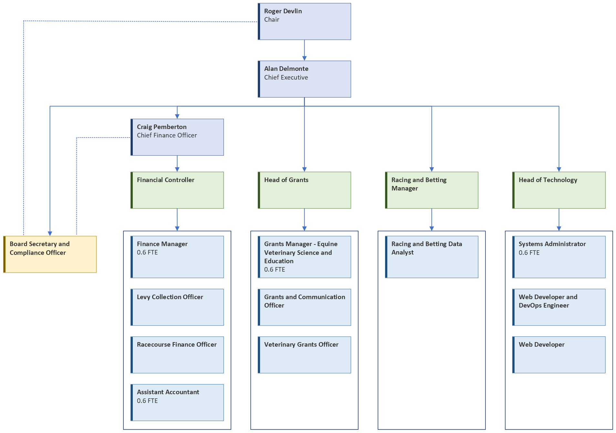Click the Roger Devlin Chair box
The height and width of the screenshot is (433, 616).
304,22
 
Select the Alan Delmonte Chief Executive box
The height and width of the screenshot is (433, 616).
304,79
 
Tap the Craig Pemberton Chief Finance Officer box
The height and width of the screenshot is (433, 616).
177,137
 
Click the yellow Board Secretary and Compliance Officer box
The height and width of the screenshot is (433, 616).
50,254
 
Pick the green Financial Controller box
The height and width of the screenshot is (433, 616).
177,190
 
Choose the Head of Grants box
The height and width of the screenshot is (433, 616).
304,190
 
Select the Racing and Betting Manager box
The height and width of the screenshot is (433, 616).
432,190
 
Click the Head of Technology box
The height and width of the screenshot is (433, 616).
559,190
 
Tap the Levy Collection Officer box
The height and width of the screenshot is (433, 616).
177,307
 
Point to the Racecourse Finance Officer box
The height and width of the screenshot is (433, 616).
177,355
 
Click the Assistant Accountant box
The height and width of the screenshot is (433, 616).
177,402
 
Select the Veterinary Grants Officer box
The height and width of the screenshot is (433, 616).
304,355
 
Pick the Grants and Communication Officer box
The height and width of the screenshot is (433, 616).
304,307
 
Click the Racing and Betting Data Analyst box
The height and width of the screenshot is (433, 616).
432,257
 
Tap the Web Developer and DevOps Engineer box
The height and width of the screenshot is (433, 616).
559,307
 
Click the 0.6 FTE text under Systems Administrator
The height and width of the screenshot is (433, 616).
529,253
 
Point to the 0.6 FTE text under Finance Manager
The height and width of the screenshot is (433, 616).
147,253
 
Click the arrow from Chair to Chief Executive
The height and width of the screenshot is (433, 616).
304,50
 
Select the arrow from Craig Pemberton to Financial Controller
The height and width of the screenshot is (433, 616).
177,163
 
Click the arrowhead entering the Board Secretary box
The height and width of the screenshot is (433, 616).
50,233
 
